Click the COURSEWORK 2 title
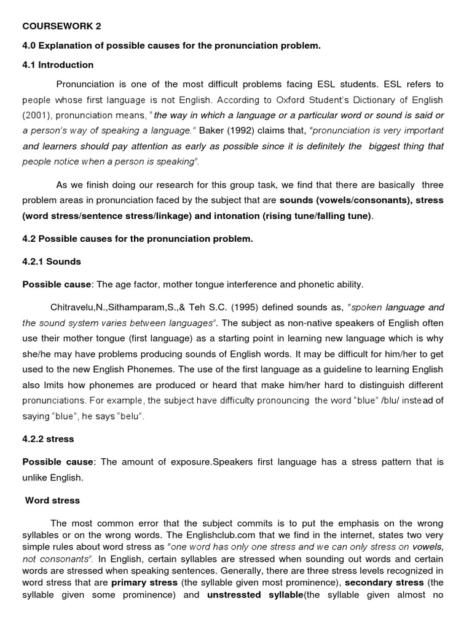tap(61, 26)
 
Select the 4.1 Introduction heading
tap(58, 65)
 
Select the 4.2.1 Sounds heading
tap(52, 261)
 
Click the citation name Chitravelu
tap(74, 307)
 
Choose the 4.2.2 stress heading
tap(48, 439)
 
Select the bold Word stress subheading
tap(52, 500)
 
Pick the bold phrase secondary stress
tap(383, 582)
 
